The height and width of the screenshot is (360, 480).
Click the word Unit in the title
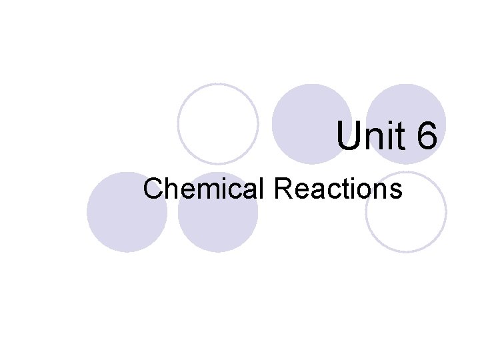369,136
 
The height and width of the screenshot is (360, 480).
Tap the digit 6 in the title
426,136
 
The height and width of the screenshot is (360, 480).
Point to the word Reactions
338,189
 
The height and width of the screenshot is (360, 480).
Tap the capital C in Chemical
153,189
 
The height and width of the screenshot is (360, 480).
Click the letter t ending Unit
398,136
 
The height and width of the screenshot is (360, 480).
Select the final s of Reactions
397,191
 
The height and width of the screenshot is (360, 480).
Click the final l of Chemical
265,189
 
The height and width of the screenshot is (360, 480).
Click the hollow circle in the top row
219,124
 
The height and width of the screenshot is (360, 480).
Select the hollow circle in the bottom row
406,212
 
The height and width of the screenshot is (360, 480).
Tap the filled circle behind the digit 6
406,124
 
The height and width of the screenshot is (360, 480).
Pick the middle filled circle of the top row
313,124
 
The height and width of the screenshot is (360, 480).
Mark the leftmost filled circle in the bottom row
127,212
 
